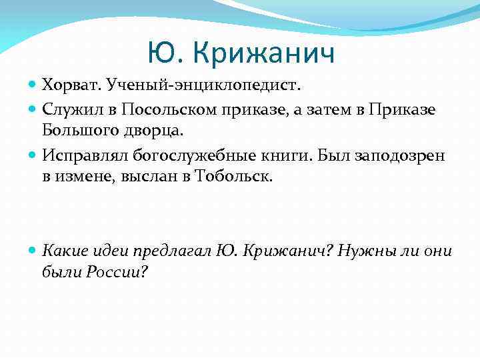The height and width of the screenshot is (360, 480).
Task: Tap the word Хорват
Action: pos(68,85)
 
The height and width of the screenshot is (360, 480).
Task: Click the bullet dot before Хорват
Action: pos(33,86)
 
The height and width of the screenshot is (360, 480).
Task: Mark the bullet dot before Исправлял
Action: pos(33,156)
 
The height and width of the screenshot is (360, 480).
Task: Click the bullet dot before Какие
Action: pos(33,251)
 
